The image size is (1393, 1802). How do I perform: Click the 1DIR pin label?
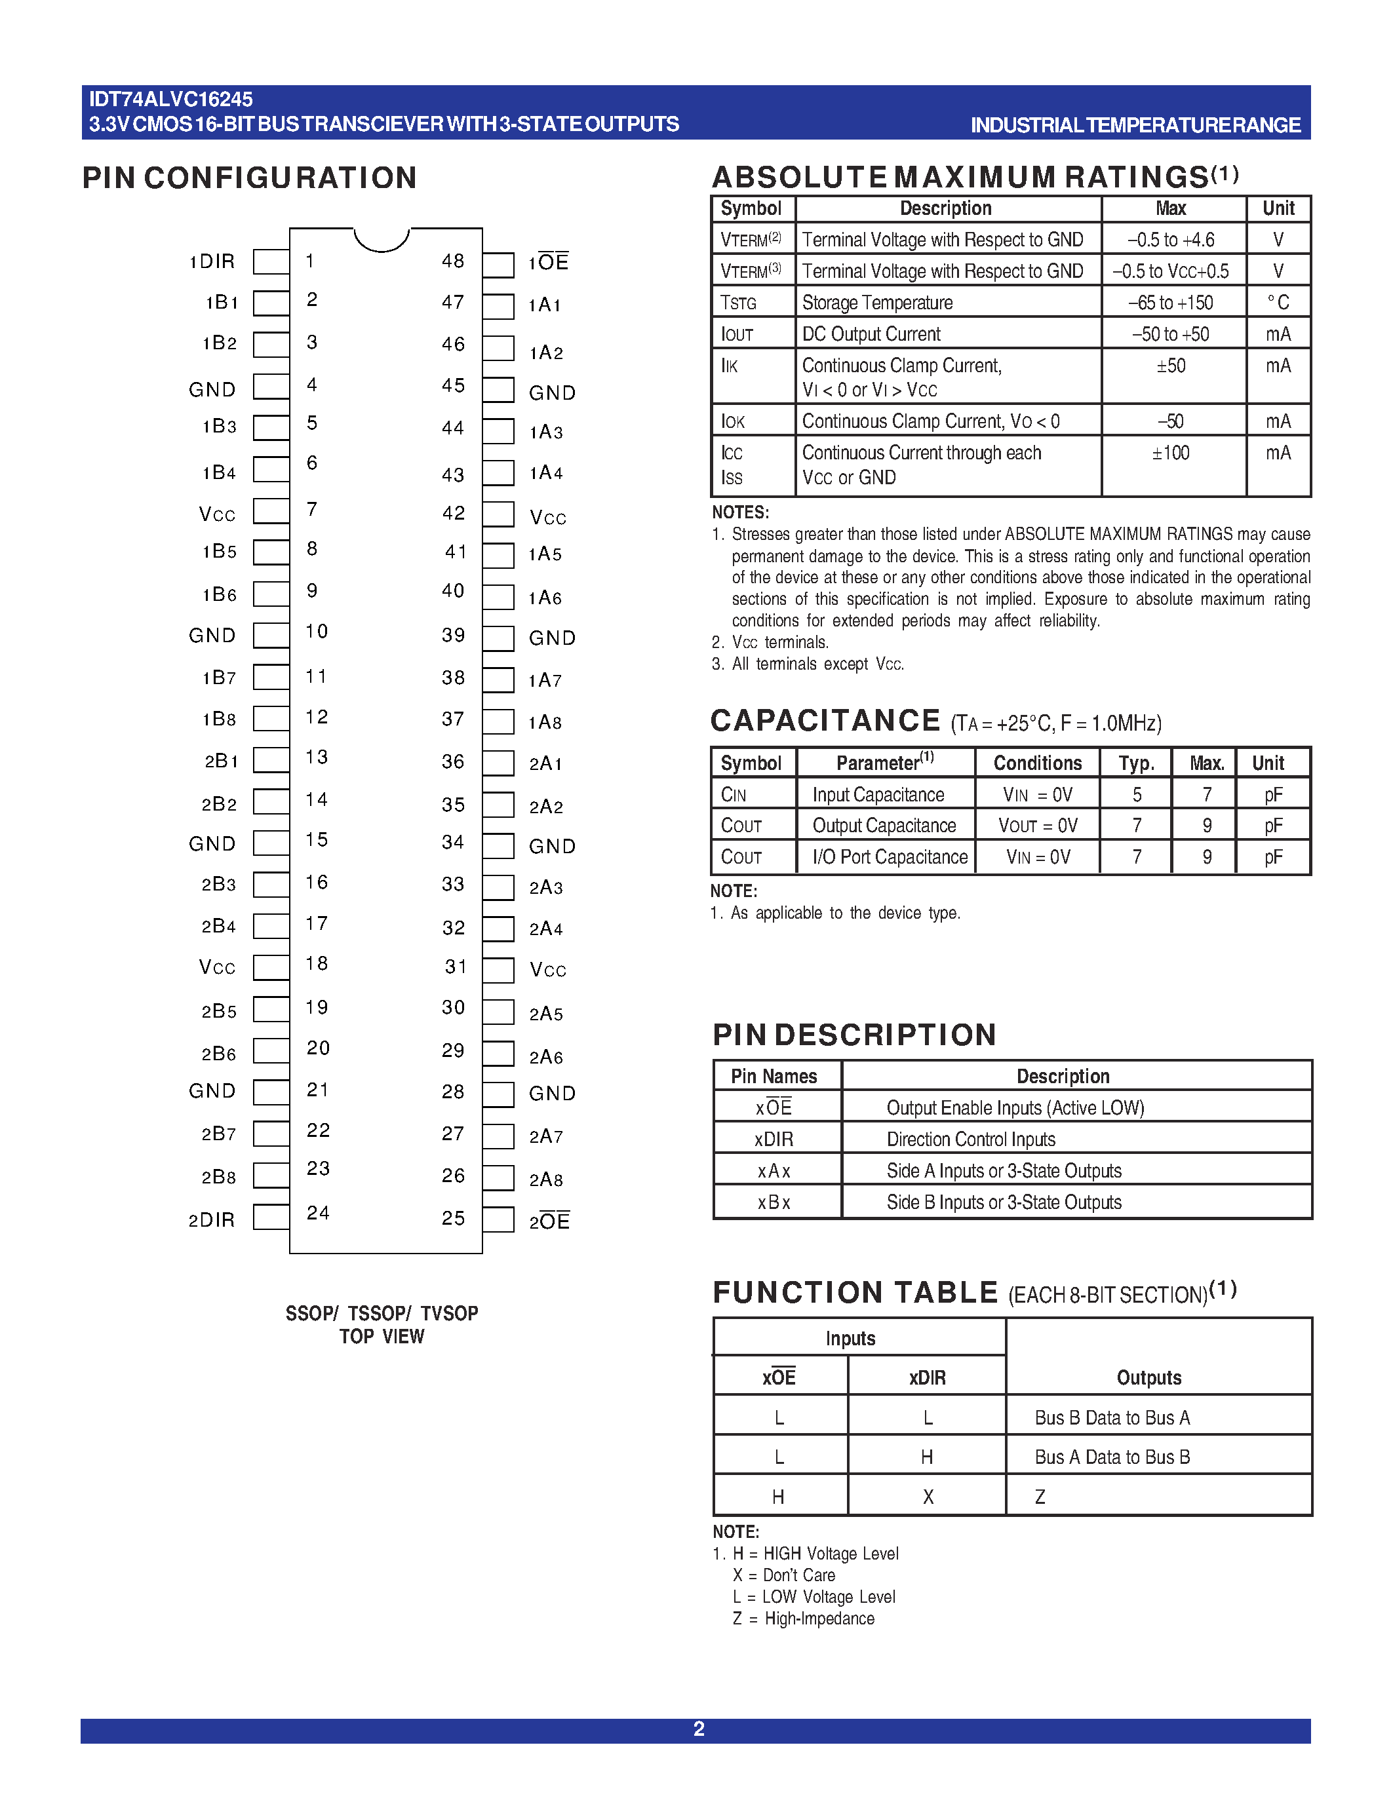coord(212,261)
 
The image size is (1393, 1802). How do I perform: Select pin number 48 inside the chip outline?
coord(453,261)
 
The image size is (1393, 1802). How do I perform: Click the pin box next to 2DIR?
coord(271,1217)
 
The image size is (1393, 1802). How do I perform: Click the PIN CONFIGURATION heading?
coord(249,178)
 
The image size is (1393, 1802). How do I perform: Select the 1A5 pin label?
coord(545,554)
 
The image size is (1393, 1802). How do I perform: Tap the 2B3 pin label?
coord(219,885)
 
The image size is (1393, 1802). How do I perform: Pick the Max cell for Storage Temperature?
coord(1171,303)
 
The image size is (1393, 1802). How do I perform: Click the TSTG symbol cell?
coord(739,303)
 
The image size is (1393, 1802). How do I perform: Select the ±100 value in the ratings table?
coord(1171,453)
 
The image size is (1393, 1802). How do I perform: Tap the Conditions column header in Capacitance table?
coord(1037,763)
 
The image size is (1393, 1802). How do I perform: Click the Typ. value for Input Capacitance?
coord(1136,795)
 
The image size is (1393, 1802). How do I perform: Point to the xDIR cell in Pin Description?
coord(774,1140)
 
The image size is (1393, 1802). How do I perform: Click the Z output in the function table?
coord(1040,1497)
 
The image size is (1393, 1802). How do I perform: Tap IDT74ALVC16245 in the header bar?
coord(171,100)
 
